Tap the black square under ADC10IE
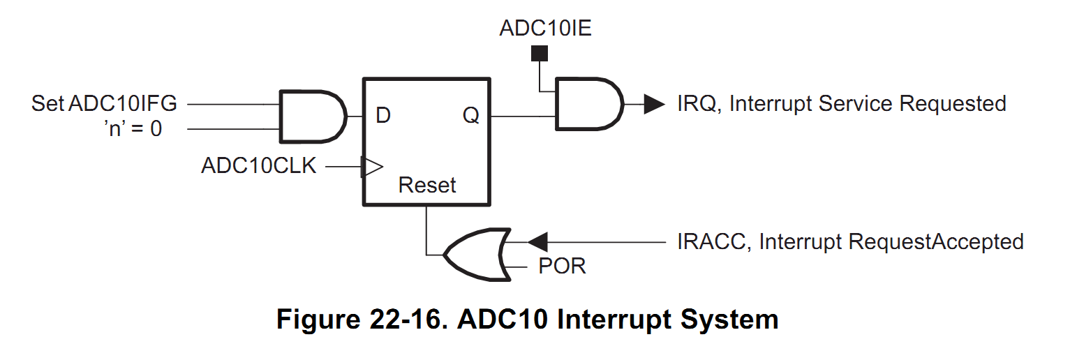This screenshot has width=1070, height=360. (x=540, y=53)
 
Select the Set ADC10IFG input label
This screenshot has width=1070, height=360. (x=104, y=104)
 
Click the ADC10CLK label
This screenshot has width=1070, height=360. (x=259, y=166)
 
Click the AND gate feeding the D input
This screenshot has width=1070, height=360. (x=312, y=116)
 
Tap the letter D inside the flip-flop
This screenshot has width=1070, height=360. (x=382, y=116)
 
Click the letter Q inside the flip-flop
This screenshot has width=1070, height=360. (x=471, y=116)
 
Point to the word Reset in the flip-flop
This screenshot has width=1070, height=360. (x=426, y=186)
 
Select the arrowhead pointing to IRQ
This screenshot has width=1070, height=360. (x=653, y=104)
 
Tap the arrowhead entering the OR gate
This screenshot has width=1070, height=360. (x=537, y=242)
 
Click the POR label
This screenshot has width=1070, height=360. (x=562, y=267)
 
